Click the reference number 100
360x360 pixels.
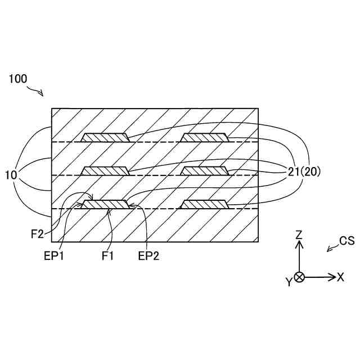click(18, 79)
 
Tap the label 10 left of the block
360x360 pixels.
click(11, 175)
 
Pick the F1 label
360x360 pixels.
click(108, 256)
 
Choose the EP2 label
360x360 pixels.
click(149, 256)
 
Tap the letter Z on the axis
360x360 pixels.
click(300, 234)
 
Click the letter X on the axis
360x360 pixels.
click(340, 277)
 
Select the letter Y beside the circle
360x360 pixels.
click(289, 282)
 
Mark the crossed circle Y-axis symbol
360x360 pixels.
click(300, 277)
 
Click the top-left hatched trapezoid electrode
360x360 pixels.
click(105, 137)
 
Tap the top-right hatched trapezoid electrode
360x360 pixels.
click(204, 137)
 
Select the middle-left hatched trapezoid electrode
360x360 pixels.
click(105, 170)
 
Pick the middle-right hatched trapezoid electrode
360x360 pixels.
click(204, 170)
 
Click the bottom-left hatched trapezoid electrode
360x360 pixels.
click(105, 204)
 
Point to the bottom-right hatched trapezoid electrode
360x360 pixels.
click(204, 204)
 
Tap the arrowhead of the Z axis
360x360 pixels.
click(300, 244)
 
